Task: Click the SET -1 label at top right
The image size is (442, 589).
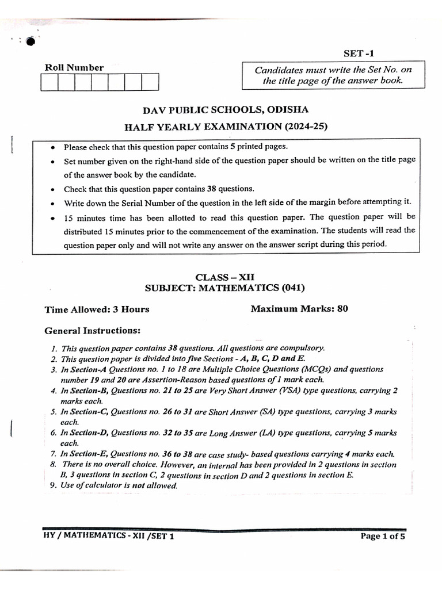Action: pos(361,53)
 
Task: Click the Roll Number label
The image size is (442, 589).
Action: pos(74,67)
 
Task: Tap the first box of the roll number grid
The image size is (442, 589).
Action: pos(49,82)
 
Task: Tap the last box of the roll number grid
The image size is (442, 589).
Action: pos(150,82)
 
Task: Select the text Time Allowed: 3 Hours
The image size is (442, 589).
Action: pos(97,309)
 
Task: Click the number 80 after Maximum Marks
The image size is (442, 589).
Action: pos(342,309)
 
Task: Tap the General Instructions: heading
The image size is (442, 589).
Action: pos(92,331)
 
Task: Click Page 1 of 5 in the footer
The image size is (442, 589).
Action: pos(383,536)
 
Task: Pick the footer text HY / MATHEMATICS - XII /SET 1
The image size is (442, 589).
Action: pos(108,536)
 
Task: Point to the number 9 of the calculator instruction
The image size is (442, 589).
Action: pos(52,485)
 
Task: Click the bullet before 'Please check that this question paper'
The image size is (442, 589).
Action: pos(53,147)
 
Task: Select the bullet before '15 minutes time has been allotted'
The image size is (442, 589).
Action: pos(53,217)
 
